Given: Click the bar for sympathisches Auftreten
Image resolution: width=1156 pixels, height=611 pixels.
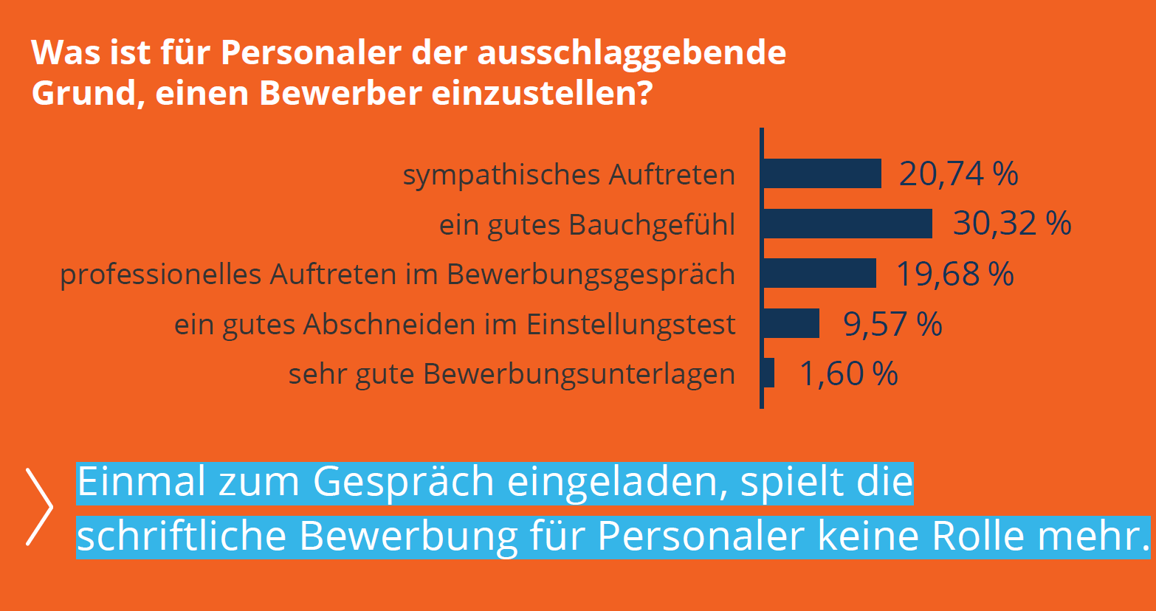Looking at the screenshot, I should [x=822, y=173].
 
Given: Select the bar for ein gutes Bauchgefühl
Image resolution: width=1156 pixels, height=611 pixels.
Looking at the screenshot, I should [x=847, y=224].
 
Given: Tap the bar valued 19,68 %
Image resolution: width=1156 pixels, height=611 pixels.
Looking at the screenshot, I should [x=819, y=273].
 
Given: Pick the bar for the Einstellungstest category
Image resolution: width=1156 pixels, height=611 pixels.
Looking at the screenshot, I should [x=791, y=323].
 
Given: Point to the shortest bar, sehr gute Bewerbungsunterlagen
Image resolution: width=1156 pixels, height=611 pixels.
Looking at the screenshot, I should [x=769, y=373].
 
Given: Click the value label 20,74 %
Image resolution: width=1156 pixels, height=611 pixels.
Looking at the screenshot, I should [x=958, y=174].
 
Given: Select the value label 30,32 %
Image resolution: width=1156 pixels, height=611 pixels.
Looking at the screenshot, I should [x=1011, y=224].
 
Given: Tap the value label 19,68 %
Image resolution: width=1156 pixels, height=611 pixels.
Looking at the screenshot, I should [x=954, y=274].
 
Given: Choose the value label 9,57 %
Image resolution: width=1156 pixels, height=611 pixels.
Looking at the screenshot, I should [x=892, y=324].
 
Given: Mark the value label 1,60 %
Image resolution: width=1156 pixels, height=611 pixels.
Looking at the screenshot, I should [x=849, y=373].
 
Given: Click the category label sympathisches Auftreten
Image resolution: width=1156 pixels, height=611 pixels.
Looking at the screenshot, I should [x=569, y=176].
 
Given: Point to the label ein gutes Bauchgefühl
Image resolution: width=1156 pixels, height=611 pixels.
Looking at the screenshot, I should [x=588, y=225].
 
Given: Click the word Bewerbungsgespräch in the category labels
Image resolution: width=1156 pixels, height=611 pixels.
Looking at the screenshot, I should [x=591, y=275].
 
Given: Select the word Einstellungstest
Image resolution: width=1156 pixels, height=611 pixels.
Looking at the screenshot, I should [x=631, y=325].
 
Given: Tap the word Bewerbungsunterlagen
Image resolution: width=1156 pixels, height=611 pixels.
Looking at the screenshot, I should [x=579, y=375].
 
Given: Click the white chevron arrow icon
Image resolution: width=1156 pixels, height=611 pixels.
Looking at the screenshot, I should [x=39, y=506].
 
